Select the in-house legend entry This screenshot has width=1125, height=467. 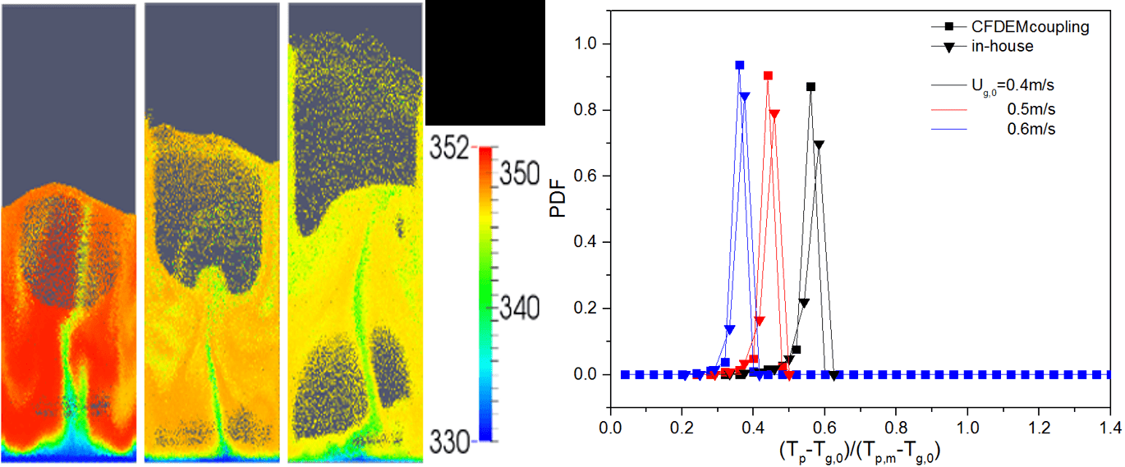1000,47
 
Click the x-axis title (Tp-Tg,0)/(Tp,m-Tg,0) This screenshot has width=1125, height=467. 859,450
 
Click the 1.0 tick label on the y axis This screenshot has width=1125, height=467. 586,43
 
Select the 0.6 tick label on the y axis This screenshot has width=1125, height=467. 586,176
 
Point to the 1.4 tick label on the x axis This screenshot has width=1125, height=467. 1109,429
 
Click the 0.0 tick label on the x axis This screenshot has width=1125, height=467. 610,429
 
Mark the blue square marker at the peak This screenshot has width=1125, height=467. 740,65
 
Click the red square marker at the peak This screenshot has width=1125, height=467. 768,76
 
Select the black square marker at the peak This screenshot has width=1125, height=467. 810,86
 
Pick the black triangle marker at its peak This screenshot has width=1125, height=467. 819,144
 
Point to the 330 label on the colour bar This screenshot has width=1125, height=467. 449,442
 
